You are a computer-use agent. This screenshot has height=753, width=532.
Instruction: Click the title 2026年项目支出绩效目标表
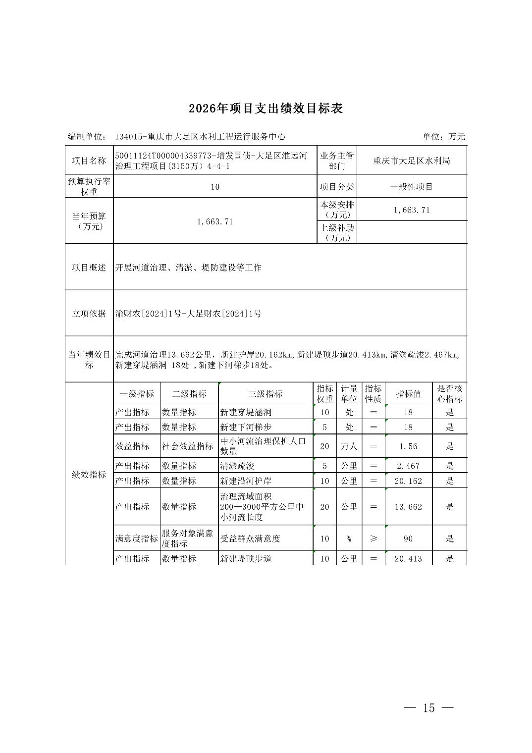(x=266, y=108)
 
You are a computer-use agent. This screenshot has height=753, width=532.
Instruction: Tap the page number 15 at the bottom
(x=428, y=708)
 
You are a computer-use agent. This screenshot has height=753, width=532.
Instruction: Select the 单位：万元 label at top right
(x=444, y=137)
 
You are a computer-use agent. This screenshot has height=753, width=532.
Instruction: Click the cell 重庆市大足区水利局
(x=412, y=161)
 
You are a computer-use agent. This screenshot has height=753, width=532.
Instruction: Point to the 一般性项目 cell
(x=412, y=187)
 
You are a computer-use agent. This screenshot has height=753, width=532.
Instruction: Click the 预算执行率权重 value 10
(x=214, y=187)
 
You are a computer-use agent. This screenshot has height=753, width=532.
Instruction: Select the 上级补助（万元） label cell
(x=337, y=232)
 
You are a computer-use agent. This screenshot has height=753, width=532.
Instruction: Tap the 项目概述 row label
(x=89, y=268)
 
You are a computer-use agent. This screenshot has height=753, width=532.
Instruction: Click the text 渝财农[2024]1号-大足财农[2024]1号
(x=189, y=314)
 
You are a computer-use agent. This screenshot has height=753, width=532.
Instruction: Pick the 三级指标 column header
(x=266, y=394)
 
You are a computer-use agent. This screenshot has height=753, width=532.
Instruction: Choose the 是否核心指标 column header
(x=449, y=394)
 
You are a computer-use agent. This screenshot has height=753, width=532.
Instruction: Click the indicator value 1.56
(x=408, y=446)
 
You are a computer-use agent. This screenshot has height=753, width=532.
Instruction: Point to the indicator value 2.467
(x=408, y=466)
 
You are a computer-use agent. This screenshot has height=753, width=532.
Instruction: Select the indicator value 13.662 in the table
(x=408, y=507)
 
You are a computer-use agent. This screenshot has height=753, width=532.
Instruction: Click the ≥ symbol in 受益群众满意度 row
(x=373, y=538)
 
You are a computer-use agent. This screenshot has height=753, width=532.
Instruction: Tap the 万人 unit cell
(x=349, y=446)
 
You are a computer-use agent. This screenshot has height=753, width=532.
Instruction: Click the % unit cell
(x=349, y=538)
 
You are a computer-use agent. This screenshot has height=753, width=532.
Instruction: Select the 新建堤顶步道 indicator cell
(x=246, y=558)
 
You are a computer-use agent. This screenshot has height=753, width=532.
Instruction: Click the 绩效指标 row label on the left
(x=89, y=475)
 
